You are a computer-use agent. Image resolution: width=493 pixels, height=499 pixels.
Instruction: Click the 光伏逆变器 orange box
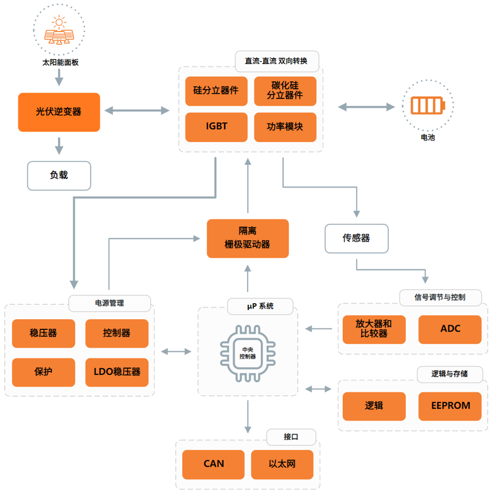[59, 112]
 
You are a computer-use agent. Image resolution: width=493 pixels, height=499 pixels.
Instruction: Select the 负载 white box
[59, 175]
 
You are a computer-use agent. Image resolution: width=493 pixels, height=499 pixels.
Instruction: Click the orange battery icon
[427, 106]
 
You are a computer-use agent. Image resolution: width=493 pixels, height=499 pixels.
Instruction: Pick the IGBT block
[216, 126]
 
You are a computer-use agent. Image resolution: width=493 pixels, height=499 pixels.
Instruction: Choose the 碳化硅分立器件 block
[285, 90]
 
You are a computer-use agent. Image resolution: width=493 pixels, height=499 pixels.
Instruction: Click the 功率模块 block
[285, 126]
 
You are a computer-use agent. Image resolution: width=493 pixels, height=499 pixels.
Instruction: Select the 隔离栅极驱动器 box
[247, 238]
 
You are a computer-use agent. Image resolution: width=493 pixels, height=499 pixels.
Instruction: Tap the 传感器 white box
[356, 238]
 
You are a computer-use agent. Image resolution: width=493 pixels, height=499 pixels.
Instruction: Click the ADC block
[450, 329]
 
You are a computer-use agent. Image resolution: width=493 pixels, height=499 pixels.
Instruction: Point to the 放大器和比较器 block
[374, 329]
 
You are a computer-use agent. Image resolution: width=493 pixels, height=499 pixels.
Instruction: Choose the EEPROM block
[450, 406]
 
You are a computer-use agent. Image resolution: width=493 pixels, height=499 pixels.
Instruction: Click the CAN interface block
[213, 464]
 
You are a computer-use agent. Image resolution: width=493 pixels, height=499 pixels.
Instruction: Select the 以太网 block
[282, 464]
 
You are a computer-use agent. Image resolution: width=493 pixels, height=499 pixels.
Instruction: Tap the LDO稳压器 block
[117, 372]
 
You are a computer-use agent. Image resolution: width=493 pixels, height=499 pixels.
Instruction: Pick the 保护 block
[43, 372]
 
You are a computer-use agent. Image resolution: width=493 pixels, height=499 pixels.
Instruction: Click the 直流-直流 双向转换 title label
[277, 61]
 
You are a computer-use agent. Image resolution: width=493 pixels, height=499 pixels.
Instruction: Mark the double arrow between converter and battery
[366, 107]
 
